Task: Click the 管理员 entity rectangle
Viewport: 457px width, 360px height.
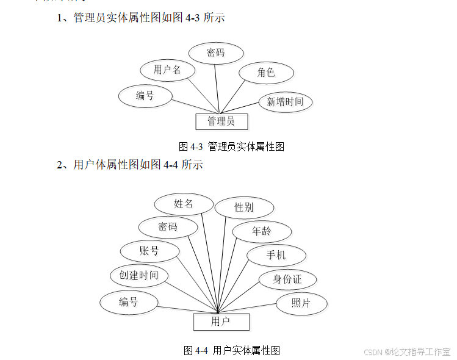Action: click(x=221, y=121)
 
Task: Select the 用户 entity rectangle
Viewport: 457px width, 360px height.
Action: click(x=221, y=321)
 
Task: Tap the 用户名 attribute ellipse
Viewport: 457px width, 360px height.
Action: click(x=167, y=70)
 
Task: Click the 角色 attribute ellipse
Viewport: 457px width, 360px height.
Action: click(x=266, y=73)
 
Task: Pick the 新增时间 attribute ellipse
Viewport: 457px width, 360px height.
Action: click(x=285, y=102)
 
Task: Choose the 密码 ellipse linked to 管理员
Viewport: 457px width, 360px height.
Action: click(x=216, y=53)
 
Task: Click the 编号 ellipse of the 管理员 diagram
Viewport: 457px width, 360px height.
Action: click(x=145, y=96)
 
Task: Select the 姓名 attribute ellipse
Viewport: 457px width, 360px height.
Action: click(x=184, y=204)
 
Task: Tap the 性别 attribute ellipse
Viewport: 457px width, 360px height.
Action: click(x=244, y=207)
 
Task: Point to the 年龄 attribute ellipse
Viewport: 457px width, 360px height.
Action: click(x=262, y=231)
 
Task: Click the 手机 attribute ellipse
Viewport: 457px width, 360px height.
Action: click(x=276, y=256)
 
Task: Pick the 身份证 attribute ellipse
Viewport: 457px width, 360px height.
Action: click(x=287, y=279)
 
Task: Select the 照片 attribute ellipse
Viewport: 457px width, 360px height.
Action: click(x=301, y=303)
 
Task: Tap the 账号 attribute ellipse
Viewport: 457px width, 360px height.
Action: click(x=149, y=251)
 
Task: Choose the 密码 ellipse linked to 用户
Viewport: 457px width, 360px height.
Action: click(x=168, y=227)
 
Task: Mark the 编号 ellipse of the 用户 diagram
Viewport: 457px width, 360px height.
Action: click(x=129, y=302)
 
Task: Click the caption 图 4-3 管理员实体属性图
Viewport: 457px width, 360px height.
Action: click(x=231, y=146)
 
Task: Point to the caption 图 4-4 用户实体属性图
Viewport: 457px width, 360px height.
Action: click(x=231, y=350)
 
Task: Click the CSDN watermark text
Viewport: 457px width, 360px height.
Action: click(x=407, y=352)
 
